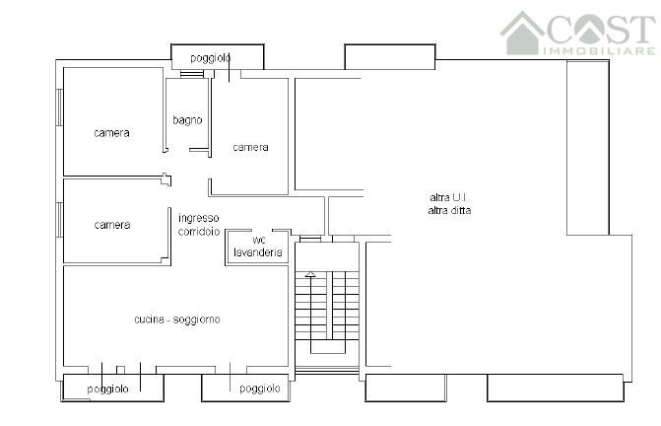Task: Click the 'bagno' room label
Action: [187, 120]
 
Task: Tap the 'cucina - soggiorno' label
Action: [177, 319]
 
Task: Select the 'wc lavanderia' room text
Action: [258, 247]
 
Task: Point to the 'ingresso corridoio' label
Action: [199, 225]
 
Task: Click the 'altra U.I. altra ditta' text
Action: [449, 204]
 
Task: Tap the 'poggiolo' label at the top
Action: [211, 58]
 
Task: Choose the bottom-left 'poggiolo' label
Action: [108, 389]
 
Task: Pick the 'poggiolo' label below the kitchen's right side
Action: [260, 389]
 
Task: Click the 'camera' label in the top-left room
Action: [111, 133]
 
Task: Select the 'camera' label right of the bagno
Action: [251, 147]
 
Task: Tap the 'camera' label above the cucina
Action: [112, 225]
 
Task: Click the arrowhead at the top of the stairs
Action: [310, 274]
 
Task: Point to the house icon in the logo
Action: [523, 34]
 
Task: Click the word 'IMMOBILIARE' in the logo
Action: [599, 51]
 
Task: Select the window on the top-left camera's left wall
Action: [60, 107]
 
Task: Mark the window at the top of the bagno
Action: [192, 74]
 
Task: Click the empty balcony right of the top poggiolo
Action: [390, 57]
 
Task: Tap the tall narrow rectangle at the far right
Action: [588, 148]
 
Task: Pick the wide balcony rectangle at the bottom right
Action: [556, 388]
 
